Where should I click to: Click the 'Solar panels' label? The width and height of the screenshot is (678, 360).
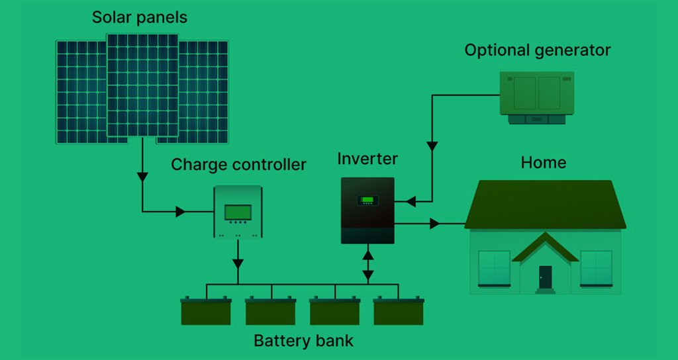point(139,17)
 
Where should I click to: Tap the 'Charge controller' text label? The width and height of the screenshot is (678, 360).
point(238,164)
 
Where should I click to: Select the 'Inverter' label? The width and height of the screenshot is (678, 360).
point(367,159)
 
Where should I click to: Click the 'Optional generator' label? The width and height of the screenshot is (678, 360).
point(537,50)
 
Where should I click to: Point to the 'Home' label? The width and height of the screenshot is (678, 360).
point(544,162)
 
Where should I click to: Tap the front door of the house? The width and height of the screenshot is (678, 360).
point(545,277)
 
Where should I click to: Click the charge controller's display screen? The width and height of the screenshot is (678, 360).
point(238,212)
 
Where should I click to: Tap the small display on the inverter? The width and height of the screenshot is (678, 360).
point(367,200)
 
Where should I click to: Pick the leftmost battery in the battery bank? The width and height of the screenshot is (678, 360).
point(206,311)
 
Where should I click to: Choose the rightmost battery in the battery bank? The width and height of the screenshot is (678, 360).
point(398,311)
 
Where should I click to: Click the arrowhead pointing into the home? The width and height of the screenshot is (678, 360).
point(434,224)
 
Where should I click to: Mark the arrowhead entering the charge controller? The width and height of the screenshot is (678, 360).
point(180,212)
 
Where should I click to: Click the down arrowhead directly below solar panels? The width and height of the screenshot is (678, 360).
point(142,177)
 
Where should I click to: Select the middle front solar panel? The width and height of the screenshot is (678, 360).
point(142,86)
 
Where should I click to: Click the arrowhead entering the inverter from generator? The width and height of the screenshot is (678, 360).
point(410,200)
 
